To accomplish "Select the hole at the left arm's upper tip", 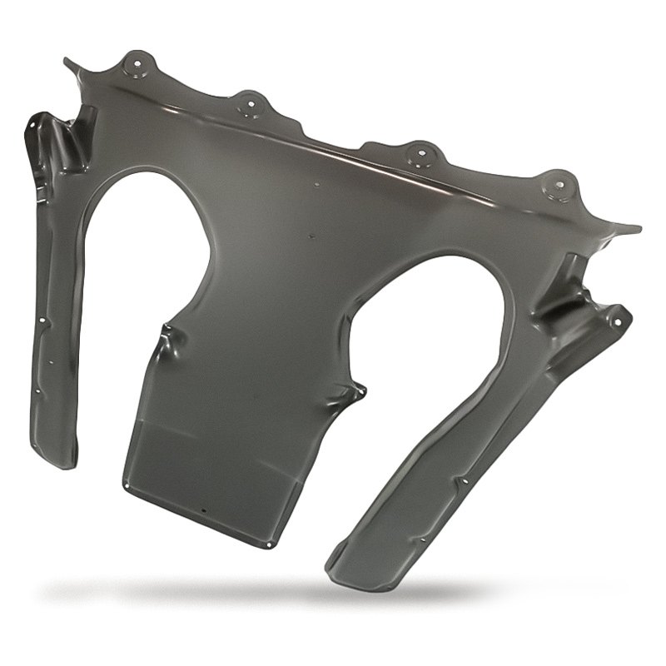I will point(34,124).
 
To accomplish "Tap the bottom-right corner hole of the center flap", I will point(268,544).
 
